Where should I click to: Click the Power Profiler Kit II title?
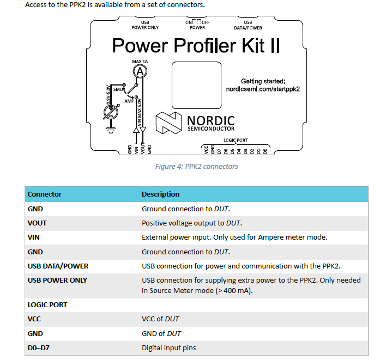196,45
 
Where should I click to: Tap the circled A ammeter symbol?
140,71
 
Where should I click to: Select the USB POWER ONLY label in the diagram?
145,25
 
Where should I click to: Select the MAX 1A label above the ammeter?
140,62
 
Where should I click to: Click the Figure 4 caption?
196,166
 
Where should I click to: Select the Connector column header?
45,194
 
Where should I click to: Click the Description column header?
160,194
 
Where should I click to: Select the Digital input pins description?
168,347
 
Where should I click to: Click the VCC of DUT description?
161,319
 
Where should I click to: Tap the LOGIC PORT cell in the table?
47,304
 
